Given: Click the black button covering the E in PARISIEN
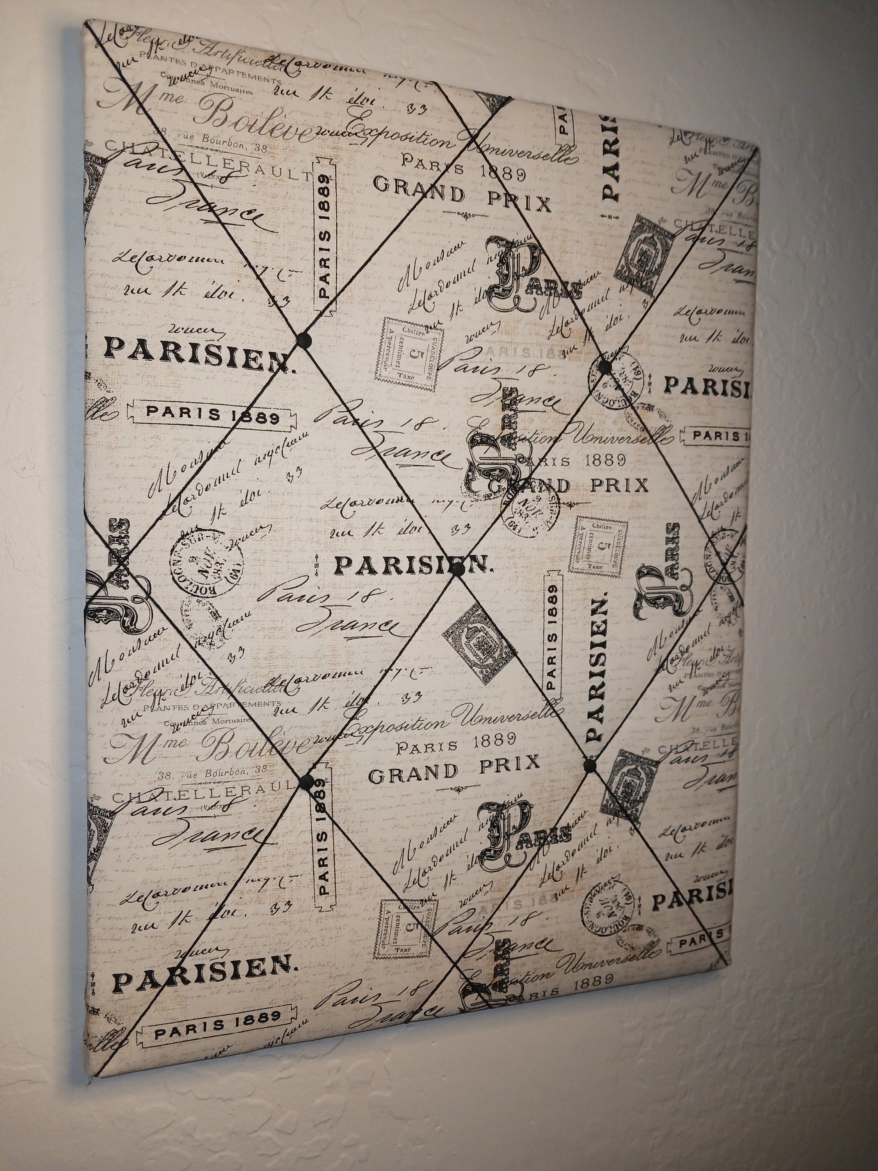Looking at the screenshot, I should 459,569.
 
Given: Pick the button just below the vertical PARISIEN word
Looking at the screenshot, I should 588,764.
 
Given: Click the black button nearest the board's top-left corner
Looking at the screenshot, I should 304,337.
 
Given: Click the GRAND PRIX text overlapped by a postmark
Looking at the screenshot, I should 569,486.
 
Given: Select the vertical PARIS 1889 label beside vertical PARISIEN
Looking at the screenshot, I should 553,630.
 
